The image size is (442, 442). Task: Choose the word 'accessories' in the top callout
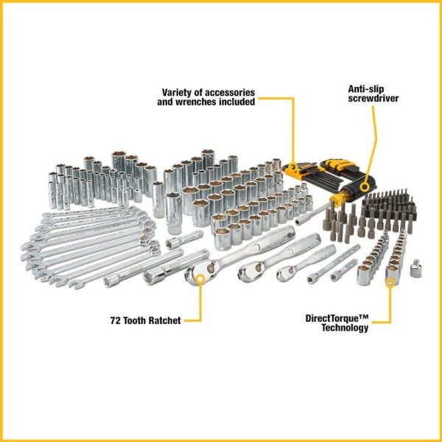(x=227, y=93)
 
